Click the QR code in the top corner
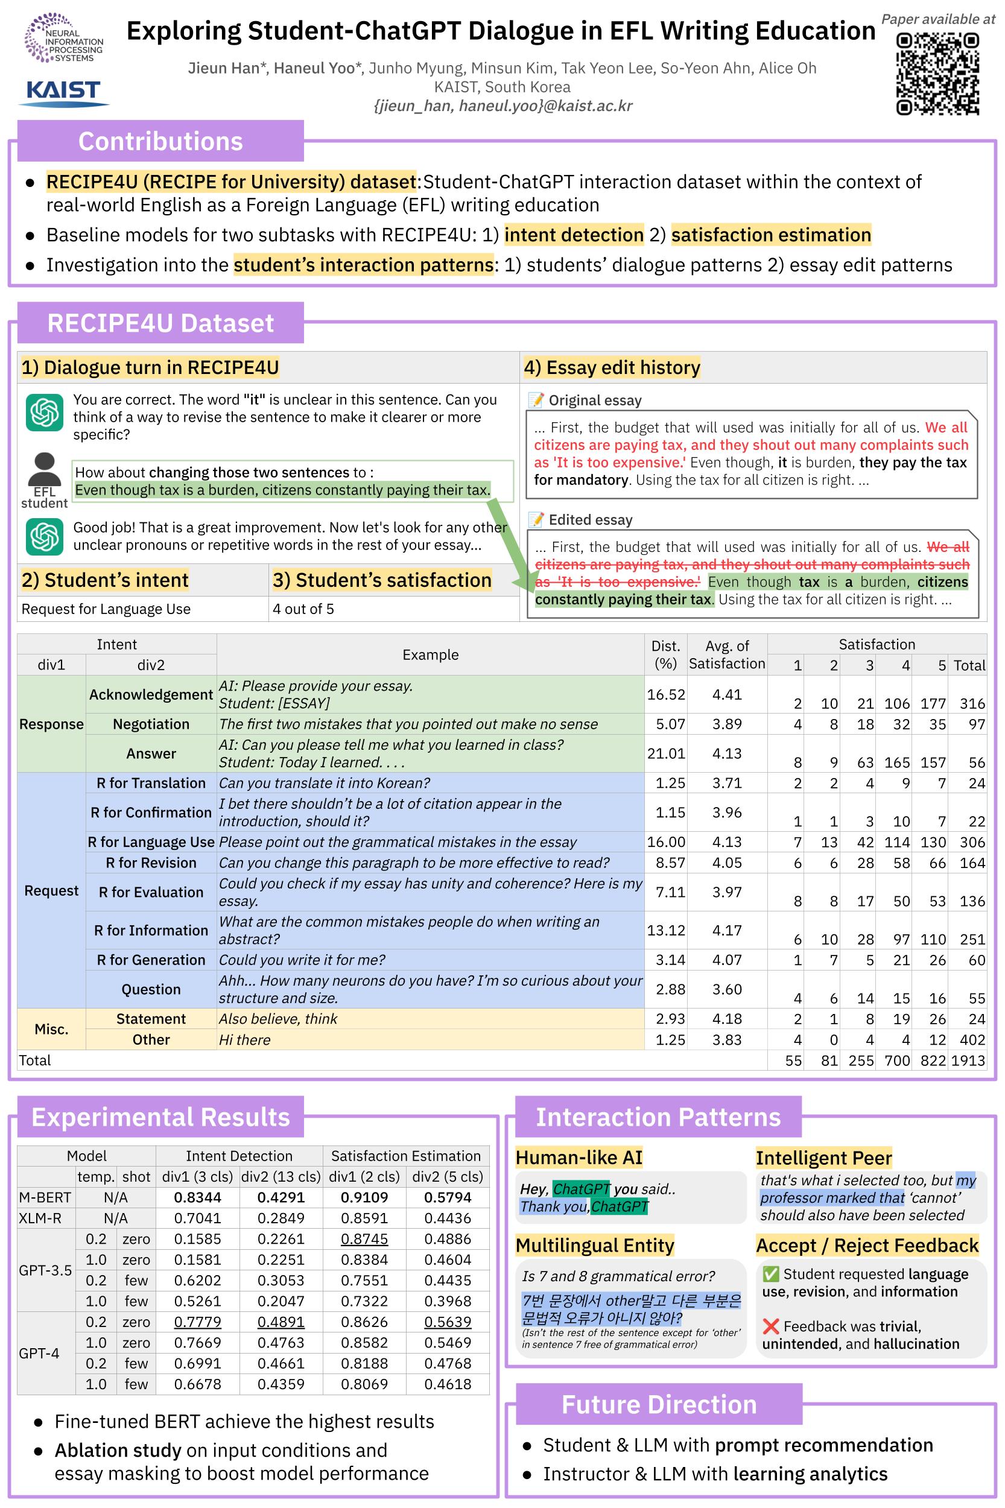point(937,74)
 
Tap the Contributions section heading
point(160,141)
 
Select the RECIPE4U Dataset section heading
point(160,323)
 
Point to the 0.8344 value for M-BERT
point(197,1197)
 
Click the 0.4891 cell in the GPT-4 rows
point(281,1322)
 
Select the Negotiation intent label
point(151,724)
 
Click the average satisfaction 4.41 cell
point(727,694)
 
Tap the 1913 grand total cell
point(968,1060)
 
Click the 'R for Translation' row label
point(151,783)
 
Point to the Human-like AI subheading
point(579,1158)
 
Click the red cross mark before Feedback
point(771,1326)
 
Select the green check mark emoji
point(771,1274)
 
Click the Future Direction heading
point(659,1404)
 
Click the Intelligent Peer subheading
point(823,1158)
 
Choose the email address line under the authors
point(502,106)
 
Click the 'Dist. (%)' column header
point(665,654)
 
